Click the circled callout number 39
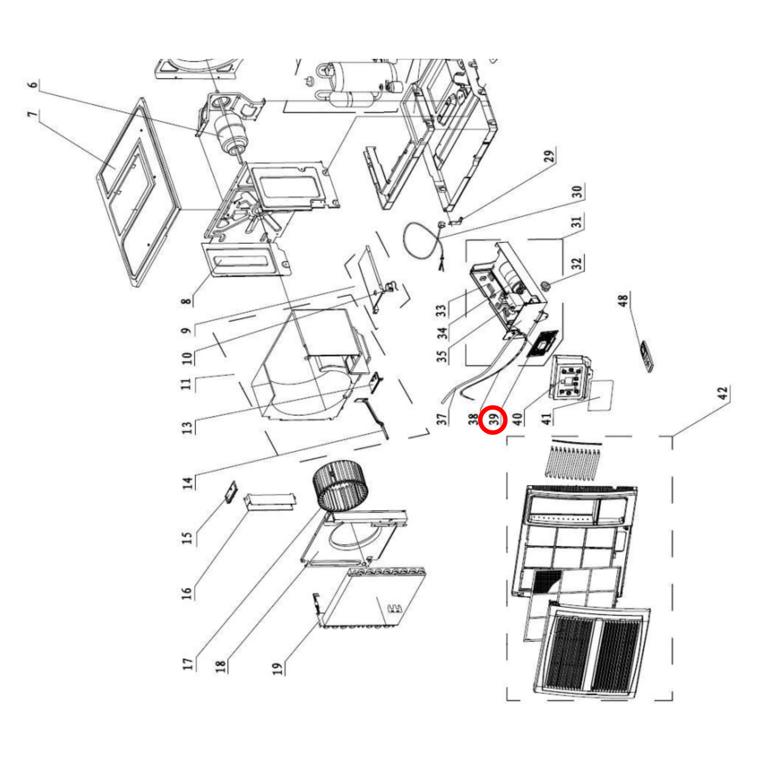click(x=493, y=419)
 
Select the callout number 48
click(x=623, y=300)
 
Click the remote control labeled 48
click(x=647, y=356)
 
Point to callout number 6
click(x=33, y=85)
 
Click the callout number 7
click(x=33, y=115)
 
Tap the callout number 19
click(x=277, y=668)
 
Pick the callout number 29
click(x=549, y=156)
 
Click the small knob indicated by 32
click(x=545, y=285)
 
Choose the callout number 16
click(x=186, y=593)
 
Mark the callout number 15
click(x=186, y=538)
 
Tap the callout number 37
click(x=442, y=419)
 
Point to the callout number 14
click(x=187, y=483)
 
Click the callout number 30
click(x=577, y=192)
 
